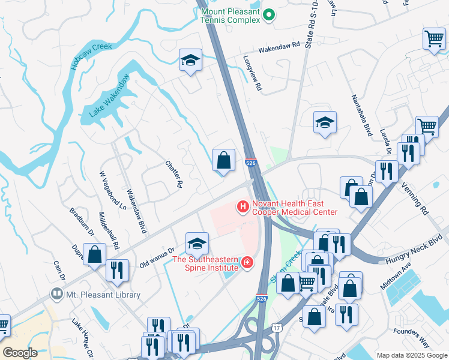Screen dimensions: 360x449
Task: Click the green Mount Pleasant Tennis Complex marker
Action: (x=270, y=16)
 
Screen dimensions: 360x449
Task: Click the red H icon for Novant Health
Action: (x=243, y=208)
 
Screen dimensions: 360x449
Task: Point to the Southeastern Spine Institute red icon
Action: (x=247, y=263)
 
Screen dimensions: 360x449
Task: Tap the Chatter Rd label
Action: (x=172, y=175)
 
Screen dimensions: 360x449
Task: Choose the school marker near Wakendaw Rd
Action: (x=190, y=60)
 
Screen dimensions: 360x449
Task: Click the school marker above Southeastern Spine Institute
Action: (x=197, y=244)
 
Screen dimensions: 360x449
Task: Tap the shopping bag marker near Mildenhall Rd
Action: (x=95, y=254)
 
